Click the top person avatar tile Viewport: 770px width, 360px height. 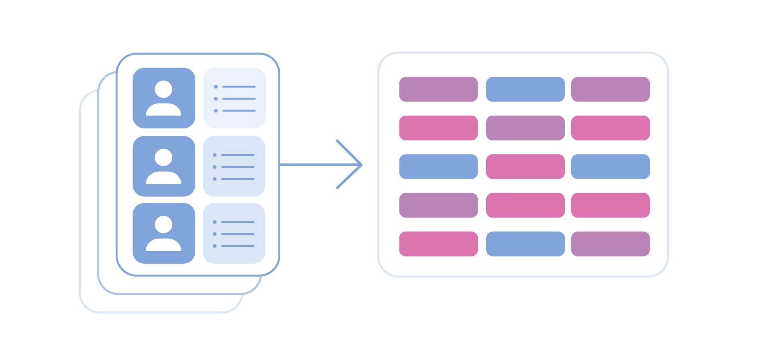164,98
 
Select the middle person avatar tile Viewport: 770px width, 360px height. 164,166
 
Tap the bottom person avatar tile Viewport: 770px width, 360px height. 164,233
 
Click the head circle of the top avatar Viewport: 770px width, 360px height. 163,89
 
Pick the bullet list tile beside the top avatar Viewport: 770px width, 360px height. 234,98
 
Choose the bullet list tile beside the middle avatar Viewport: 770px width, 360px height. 234,166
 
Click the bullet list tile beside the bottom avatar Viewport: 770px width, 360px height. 234,233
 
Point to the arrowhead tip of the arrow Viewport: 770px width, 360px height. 361,165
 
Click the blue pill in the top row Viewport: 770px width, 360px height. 525,89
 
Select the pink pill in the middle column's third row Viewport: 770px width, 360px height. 525,167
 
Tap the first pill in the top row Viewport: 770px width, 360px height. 438,89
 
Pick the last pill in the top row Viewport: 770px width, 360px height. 610,89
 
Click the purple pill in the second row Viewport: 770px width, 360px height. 525,128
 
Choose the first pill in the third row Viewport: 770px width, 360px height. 438,167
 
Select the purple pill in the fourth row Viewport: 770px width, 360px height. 438,205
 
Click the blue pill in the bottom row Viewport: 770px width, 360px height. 525,244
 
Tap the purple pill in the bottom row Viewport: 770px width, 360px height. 610,244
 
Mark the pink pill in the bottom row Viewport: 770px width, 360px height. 438,244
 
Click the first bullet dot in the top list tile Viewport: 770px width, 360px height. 216,87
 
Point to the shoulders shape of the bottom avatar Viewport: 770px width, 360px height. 163,245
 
